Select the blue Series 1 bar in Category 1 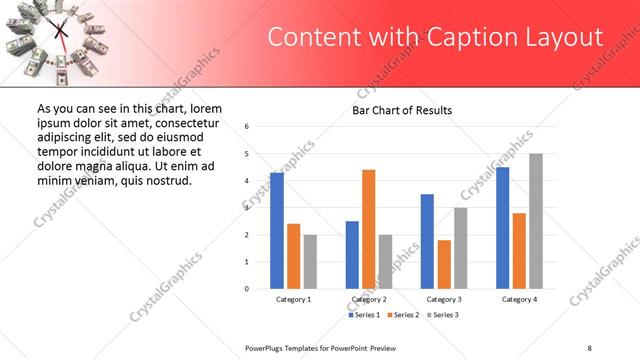click(277, 231)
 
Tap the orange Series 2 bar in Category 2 click(368, 229)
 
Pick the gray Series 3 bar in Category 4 click(536, 221)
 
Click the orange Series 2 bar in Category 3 click(444, 264)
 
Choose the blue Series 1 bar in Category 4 click(502, 228)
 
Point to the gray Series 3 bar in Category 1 click(310, 262)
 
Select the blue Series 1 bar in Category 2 click(352, 255)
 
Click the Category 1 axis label click(293, 299)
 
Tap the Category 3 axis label click(444, 299)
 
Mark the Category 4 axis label click(519, 299)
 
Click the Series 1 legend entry click(365, 315)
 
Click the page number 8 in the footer click(590, 347)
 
